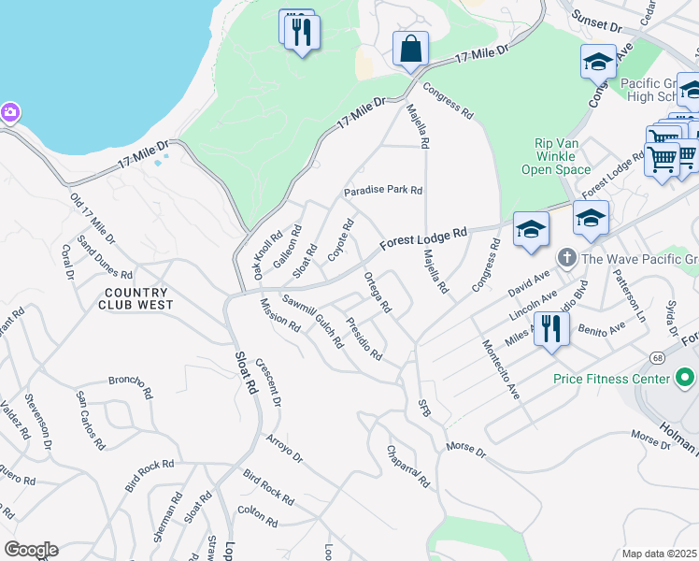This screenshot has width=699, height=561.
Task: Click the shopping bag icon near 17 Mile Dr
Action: (410, 48)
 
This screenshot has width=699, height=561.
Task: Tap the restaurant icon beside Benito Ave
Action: (551, 329)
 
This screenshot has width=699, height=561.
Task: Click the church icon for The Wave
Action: (565, 257)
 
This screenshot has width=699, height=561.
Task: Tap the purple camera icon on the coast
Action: (9, 113)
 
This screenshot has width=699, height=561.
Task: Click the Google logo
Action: (30, 550)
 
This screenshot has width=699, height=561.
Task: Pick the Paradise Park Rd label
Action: (383, 191)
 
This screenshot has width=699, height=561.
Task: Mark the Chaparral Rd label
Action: (407, 467)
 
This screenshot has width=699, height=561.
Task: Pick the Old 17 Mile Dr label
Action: (93, 217)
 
